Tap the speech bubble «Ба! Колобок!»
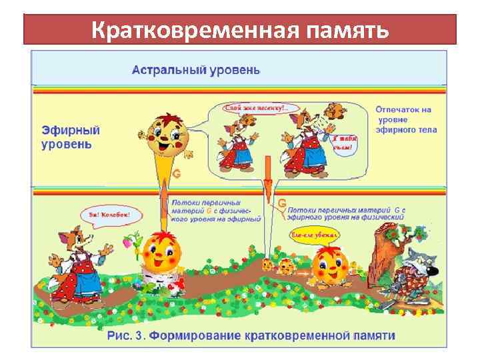click(109, 215)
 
